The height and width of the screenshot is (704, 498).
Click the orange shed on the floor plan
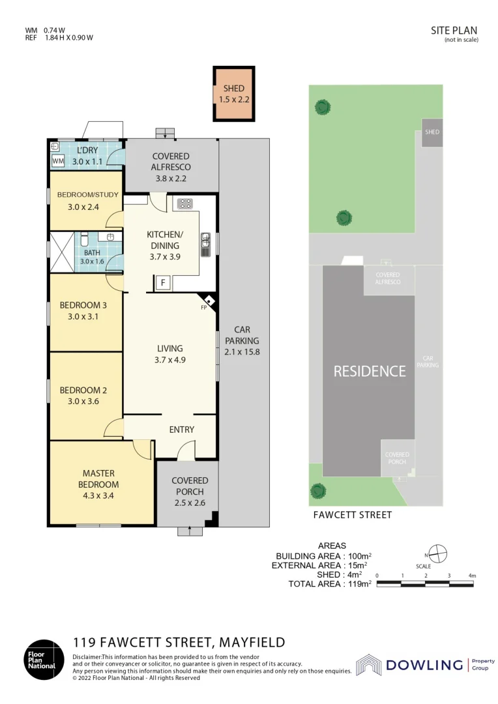point(233,94)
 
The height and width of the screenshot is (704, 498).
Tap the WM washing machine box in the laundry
point(57,160)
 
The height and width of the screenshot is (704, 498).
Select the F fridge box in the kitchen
point(162,282)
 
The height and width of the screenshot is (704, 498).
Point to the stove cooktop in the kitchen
point(184,203)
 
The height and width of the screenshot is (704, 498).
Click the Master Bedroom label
point(100,478)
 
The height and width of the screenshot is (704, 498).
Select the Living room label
point(169,348)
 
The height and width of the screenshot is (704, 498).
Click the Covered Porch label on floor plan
point(190,486)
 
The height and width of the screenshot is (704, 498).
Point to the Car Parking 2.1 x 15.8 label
point(242,340)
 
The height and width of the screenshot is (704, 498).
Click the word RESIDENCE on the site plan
point(370,371)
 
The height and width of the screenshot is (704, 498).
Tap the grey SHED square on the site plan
point(432,132)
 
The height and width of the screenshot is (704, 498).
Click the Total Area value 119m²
point(359,584)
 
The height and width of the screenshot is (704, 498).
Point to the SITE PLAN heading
point(454,30)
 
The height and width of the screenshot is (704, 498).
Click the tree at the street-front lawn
point(317,490)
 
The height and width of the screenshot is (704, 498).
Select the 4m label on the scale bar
point(472,576)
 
